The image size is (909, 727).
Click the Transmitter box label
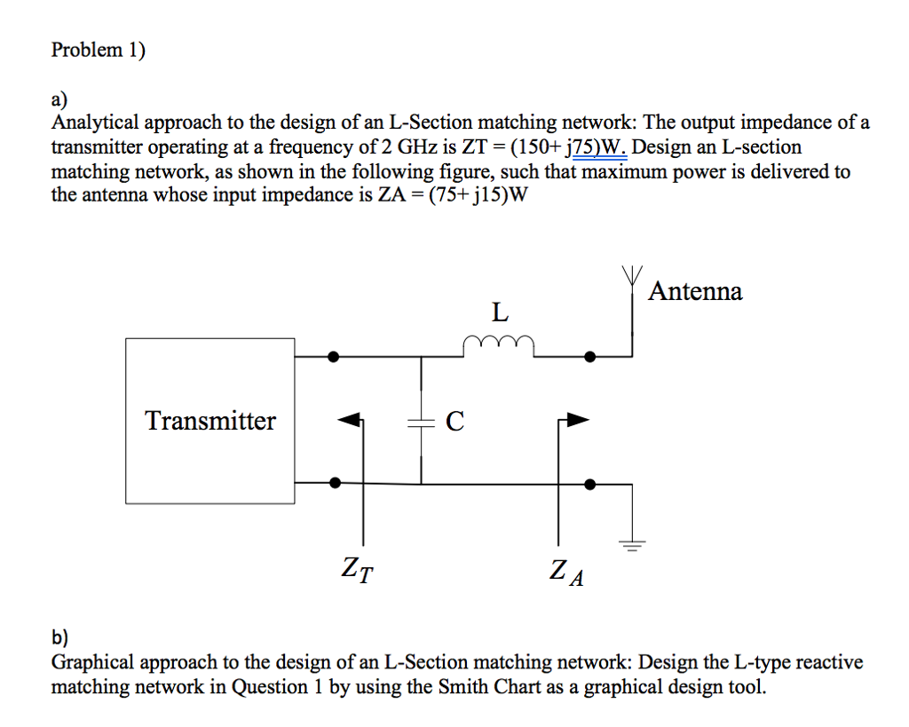pos(210,420)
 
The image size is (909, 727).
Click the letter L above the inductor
pos(501,312)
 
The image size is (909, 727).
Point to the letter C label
pos(454,421)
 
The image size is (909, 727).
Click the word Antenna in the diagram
pos(695,291)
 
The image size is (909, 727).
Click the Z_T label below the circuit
pos(357,567)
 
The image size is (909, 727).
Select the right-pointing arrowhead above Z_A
pos(577,419)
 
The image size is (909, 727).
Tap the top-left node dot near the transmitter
pos(334,357)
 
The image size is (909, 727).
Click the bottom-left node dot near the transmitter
pos(334,483)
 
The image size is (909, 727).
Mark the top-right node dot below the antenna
pos(590,357)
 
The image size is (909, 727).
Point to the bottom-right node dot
pos(590,484)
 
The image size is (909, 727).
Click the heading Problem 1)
pos(98,50)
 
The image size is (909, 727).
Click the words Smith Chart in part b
pos(480,686)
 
